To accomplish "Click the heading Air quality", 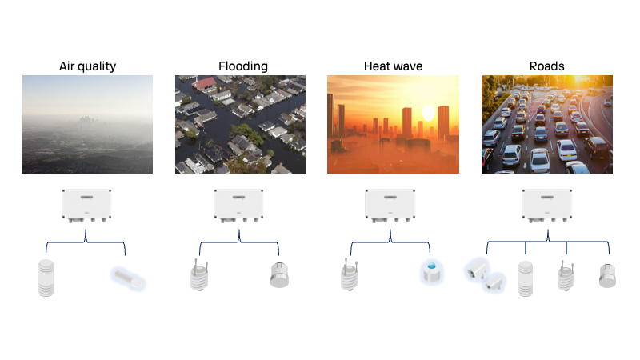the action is click(87, 66).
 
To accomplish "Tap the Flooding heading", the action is click(243, 66).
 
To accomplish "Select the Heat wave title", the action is click(393, 66).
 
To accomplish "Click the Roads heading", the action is click(546, 66).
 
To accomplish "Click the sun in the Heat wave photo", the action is click(428, 113).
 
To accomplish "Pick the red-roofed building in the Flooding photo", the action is click(205, 83).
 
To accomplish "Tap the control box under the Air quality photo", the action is click(86, 206).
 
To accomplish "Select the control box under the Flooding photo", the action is click(238, 206).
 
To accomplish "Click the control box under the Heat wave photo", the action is click(390, 206).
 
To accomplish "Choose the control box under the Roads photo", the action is click(547, 206).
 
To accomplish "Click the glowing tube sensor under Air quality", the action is click(128, 278).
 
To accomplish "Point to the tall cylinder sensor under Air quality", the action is click(46, 278).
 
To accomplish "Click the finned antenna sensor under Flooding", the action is click(199, 275).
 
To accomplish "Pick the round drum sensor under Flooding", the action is click(279, 275).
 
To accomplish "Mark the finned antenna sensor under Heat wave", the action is click(350, 274).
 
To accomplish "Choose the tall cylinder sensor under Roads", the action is click(526, 278).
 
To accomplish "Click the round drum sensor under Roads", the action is click(607, 276).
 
